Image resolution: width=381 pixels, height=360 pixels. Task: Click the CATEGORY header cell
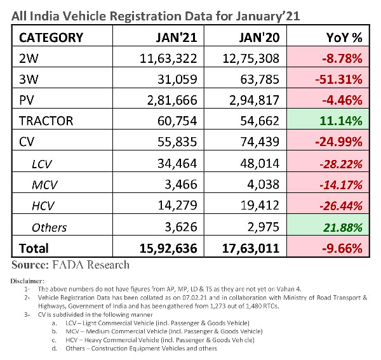click(x=51, y=37)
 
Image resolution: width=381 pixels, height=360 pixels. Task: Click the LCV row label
click(x=43, y=163)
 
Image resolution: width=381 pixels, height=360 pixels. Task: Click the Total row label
click(x=34, y=248)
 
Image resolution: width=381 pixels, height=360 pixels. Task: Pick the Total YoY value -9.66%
click(x=340, y=248)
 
